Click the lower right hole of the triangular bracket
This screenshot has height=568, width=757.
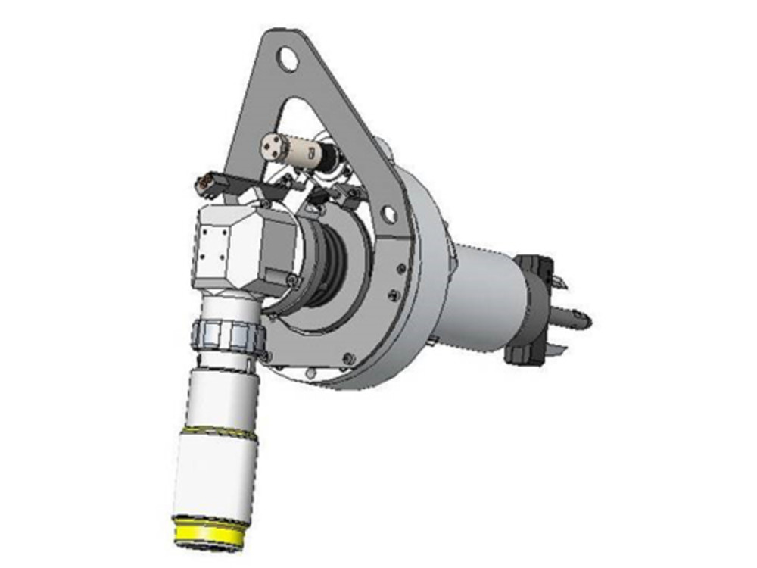388,214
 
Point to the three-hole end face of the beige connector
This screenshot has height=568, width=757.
272,144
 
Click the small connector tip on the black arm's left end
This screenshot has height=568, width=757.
204,182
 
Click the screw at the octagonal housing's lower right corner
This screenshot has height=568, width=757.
291,281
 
